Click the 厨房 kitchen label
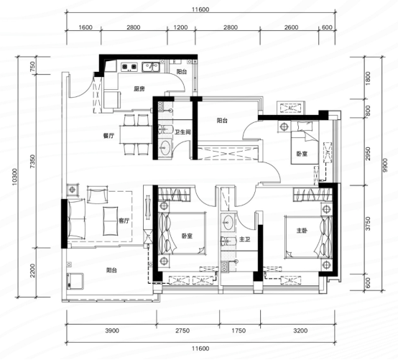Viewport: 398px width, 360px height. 139,89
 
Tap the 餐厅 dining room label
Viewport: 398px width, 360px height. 108,136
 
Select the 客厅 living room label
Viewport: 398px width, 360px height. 124,221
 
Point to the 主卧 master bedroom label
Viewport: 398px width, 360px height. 302,231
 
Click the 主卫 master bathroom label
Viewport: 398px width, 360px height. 245,239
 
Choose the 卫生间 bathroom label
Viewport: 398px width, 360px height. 182,132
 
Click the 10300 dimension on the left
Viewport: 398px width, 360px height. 14,177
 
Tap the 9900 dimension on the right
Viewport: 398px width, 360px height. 385,165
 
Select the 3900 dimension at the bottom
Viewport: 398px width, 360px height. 112,331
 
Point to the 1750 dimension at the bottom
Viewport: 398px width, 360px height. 239,331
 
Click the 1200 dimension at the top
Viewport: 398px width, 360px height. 181,27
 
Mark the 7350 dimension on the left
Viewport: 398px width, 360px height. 32,162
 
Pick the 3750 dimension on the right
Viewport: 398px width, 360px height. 368,223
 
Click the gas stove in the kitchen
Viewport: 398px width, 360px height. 129,67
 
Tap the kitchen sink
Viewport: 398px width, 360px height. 151,67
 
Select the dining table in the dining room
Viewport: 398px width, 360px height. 136,134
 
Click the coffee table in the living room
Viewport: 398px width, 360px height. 111,221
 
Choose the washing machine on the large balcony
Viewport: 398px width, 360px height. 75,281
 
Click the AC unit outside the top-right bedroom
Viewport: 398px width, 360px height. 291,108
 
